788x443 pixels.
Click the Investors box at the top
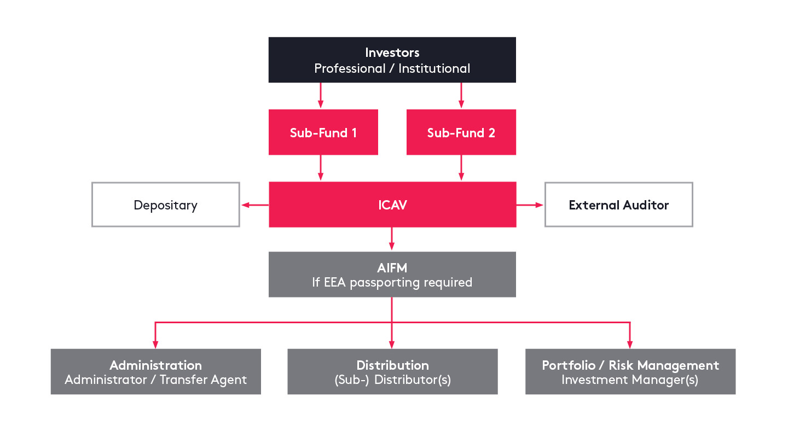click(392, 60)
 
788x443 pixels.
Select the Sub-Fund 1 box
click(323, 132)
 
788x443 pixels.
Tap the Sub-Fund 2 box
click(461, 132)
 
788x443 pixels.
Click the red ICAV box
click(392, 205)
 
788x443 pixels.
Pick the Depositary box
click(165, 205)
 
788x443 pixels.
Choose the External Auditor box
click(618, 205)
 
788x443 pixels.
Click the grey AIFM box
click(392, 274)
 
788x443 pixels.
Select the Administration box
click(155, 371)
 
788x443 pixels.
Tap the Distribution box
click(392, 371)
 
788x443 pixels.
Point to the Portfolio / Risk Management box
click(630, 371)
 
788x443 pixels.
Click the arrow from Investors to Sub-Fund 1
click(321, 96)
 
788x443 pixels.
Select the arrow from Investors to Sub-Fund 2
click(461, 96)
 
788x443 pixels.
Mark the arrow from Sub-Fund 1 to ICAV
click(321, 168)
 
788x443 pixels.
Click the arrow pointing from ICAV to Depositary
click(254, 205)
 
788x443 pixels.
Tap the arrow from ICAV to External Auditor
click(530, 205)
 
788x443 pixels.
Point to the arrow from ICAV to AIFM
click(392, 239)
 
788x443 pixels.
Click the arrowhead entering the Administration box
click(155, 344)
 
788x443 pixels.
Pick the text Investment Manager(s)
click(630, 380)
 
